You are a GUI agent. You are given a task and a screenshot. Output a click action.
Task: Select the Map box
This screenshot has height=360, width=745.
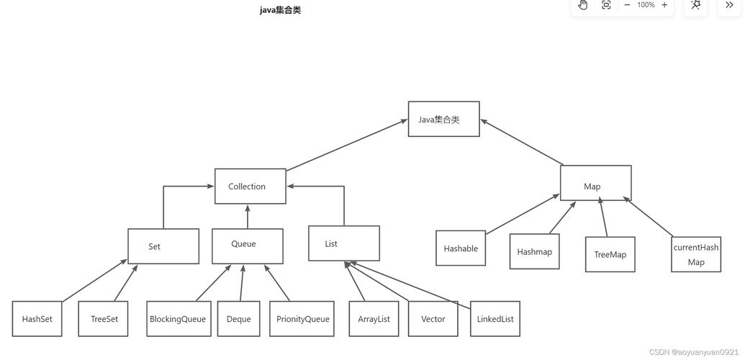tap(595, 184)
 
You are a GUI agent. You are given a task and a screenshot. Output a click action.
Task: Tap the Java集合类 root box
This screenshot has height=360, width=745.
tap(443, 120)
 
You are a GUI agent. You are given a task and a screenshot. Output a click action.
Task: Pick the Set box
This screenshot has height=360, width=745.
tap(163, 246)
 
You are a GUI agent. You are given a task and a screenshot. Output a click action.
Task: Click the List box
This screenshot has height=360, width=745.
tap(343, 243)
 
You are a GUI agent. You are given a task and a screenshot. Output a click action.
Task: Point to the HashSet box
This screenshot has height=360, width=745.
tap(37, 319)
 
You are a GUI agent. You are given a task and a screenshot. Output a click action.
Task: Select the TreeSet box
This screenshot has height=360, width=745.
tap(103, 319)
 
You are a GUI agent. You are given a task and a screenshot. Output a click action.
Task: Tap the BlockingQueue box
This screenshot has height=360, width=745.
tap(179, 319)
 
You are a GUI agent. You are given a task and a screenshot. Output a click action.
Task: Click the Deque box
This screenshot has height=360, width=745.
tap(238, 319)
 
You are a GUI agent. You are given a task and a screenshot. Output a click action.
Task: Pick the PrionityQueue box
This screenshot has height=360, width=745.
tap(302, 319)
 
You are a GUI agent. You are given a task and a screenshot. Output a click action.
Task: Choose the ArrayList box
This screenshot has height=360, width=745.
tap(374, 319)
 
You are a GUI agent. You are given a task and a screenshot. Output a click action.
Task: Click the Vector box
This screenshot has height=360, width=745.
tap(433, 319)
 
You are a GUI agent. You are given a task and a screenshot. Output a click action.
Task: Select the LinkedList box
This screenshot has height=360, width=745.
tap(495, 319)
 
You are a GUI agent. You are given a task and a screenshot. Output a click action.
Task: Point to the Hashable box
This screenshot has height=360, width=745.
tap(461, 248)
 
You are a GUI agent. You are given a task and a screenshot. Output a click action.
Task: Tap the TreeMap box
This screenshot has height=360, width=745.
tap(610, 254)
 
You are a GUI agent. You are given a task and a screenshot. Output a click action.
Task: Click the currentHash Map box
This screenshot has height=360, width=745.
tap(696, 254)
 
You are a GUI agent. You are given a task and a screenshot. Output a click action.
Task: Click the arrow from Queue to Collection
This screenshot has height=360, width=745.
tap(248, 217)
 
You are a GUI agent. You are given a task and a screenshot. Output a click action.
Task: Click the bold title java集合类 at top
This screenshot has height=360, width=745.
tap(280, 10)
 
